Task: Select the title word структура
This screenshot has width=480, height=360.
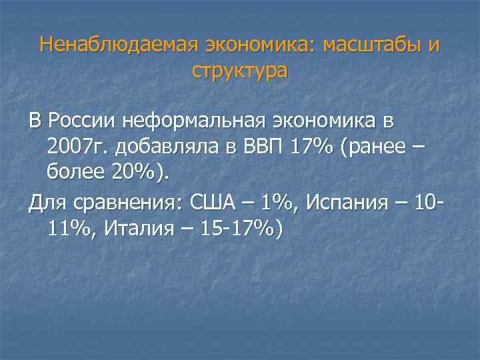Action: pos(239,71)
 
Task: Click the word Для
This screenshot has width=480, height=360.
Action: pos(45,202)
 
